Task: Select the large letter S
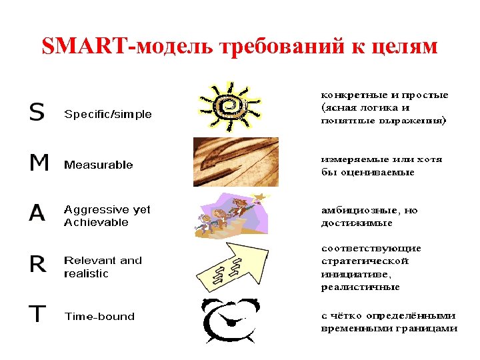coord(37,113)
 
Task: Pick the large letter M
coord(39,163)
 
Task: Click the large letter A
coord(37,213)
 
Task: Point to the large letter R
coord(38,265)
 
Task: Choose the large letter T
coord(37,315)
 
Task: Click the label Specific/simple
coord(107,114)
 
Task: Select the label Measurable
coord(98,165)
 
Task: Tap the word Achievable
coord(96,223)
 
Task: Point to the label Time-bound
coord(99,316)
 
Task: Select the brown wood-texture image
coord(235,162)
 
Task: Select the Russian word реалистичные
coord(360,287)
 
